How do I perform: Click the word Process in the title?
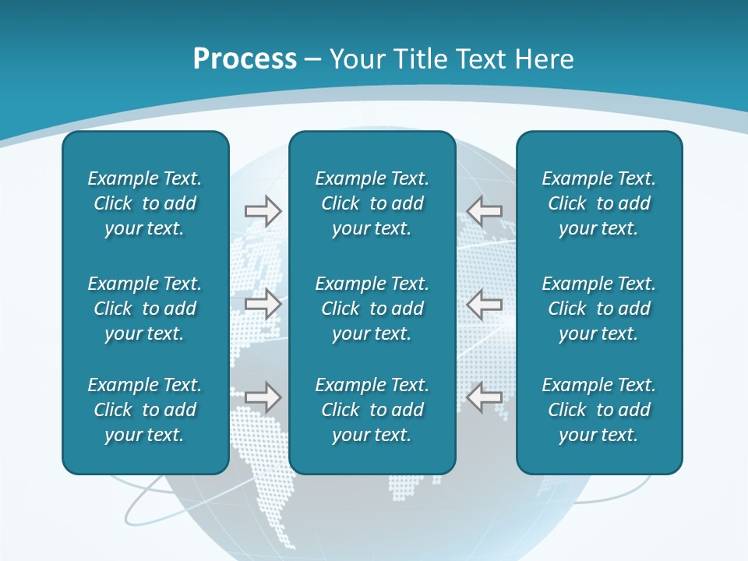point(245,59)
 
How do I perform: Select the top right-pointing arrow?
point(263,210)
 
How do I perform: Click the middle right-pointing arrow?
point(263,304)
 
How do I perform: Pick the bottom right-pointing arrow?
point(263,397)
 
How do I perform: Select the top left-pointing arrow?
point(485,210)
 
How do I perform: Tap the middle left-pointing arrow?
point(485,304)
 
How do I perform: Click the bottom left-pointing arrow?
point(485,397)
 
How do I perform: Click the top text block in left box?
point(145,203)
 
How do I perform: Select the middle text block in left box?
point(145,309)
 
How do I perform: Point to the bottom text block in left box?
point(145,410)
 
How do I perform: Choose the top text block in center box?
point(372,203)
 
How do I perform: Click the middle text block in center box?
point(372,309)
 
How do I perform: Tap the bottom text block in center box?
point(372,410)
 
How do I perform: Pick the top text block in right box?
point(599,203)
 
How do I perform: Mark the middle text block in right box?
point(599,309)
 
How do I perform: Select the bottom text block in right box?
point(599,410)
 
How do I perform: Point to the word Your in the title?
point(358,59)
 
